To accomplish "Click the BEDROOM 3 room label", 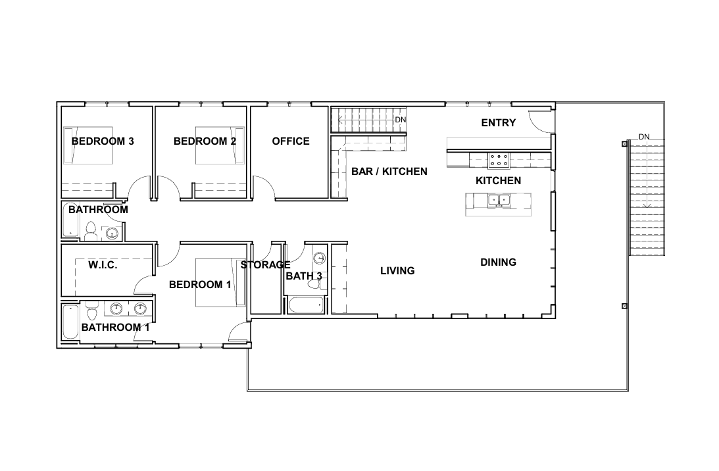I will [x=103, y=141].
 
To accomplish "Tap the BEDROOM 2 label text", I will [x=205, y=141].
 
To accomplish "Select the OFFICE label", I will [x=290, y=141].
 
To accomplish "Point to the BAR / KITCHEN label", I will [x=389, y=171].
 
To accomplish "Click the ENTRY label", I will [x=498, y=123].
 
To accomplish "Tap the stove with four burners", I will [x=499, y=160].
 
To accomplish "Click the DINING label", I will [x=498, y=262].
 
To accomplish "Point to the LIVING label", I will [x=397, y=270].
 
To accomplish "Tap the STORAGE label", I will [x=265, y=265].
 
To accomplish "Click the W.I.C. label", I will [x=103, y=265].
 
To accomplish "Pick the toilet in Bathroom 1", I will [x=91, y=309].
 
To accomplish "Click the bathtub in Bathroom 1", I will [x=70, y=322].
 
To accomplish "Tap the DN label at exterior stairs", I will [x=643, y=137].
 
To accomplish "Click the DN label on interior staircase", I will [x=400, y=120].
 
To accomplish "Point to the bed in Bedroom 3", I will [x=88, y=145].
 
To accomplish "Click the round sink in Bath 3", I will [x=319, y=258].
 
